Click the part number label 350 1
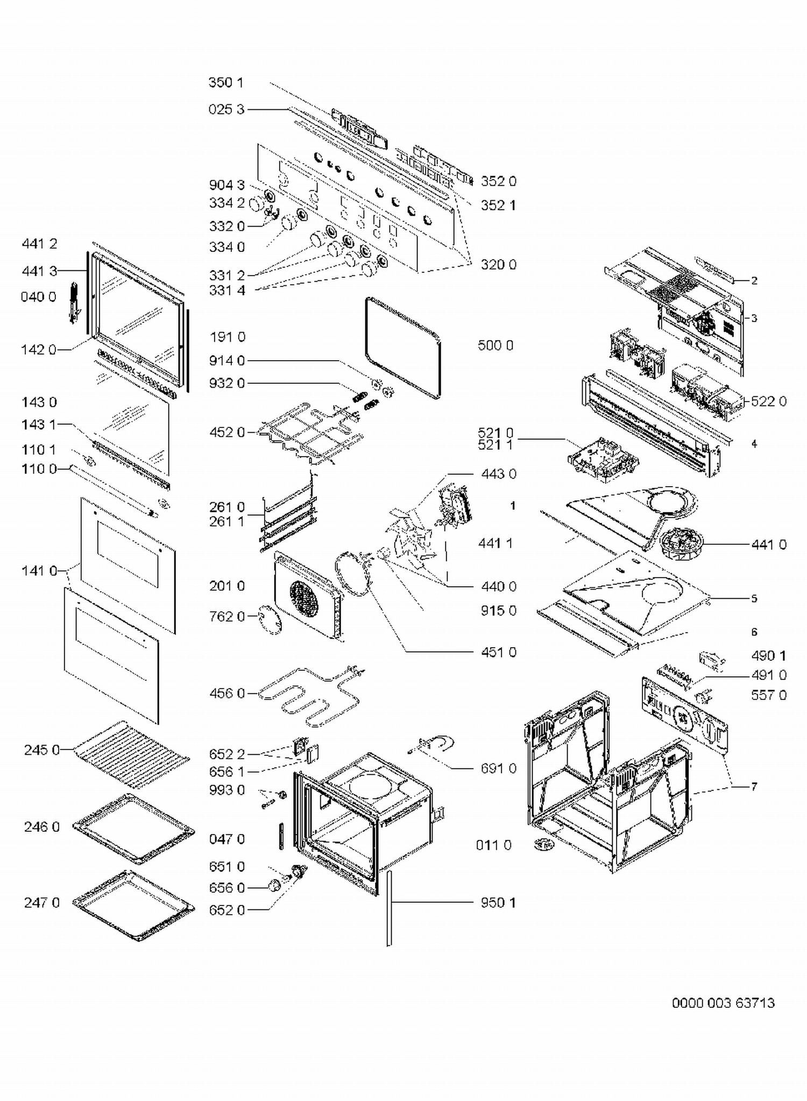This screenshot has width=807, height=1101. pyautogui.click(x=226, y=82)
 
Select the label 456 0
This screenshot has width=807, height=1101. pyautogui.click(x=226, y=693)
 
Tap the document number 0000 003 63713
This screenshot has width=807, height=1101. pyautogui.click(x=723, y=1003)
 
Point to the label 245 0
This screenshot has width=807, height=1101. pyautogui.click(x=41, y=750)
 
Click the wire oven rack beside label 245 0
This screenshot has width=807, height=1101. pyautogui.click(x=131, y=753)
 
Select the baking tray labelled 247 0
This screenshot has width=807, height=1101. pyautogui.click(x=133, y=904)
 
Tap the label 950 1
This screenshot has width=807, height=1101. pyautogui.click(x=498, y=902)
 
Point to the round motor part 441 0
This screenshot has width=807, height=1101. pyautogui.click(x=681, y=544)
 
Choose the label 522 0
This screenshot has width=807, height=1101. pyautogui.click(x=768, y=401)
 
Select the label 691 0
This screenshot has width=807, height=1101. pyautogui.click(x=498, y=768)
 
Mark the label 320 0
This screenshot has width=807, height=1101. pyautogui.click(x=498, y=264)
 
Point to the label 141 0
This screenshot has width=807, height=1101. pyautogui.click(x=39, y=570)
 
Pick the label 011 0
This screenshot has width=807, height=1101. pyautogui.click(x=493, y=845)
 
